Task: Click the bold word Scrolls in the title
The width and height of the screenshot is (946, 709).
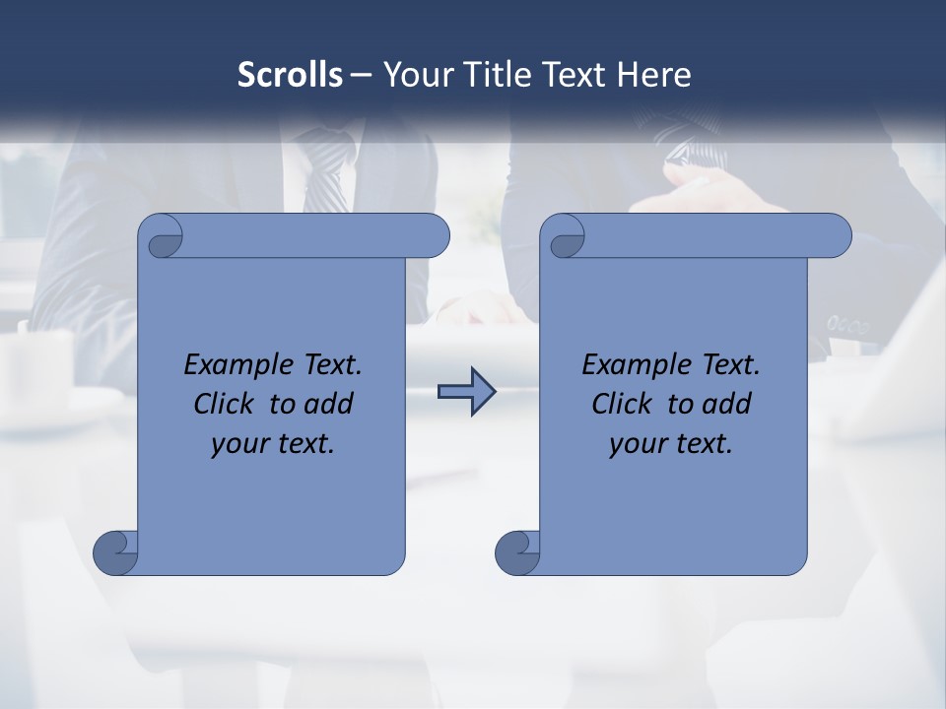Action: pyautogui.click(x=290, y=75)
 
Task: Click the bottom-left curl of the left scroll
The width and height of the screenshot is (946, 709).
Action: pyautogui.click(x=115, y=551)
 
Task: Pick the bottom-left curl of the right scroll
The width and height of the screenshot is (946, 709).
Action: pyautogui.click(x=517, y=551)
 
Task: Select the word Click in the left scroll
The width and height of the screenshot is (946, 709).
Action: pyautogui.click(x=223, y=404)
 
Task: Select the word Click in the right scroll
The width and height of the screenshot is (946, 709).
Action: pyautogui.click(x=621, y=404)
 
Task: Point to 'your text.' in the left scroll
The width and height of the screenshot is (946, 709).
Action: pyautogui.click(x=273, y=444)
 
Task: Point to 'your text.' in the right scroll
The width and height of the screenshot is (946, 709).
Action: pyautogui.click(x=671, y=444)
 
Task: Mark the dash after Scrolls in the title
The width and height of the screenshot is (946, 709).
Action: pyautogui.click(x=361, y=75)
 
